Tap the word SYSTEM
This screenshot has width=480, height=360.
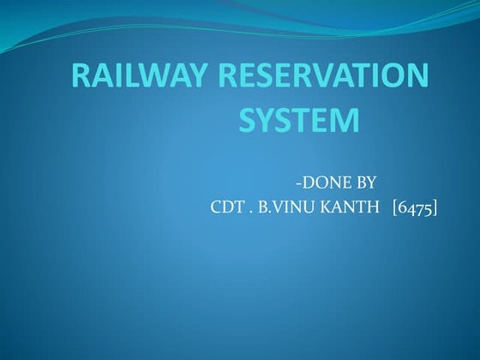click(x=298, y=121)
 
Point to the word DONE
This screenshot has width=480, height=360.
click(x=324, y=182)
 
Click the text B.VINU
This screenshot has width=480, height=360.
click(x=287, y=207)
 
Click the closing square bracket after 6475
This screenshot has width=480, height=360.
click(x=435, y=207)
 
